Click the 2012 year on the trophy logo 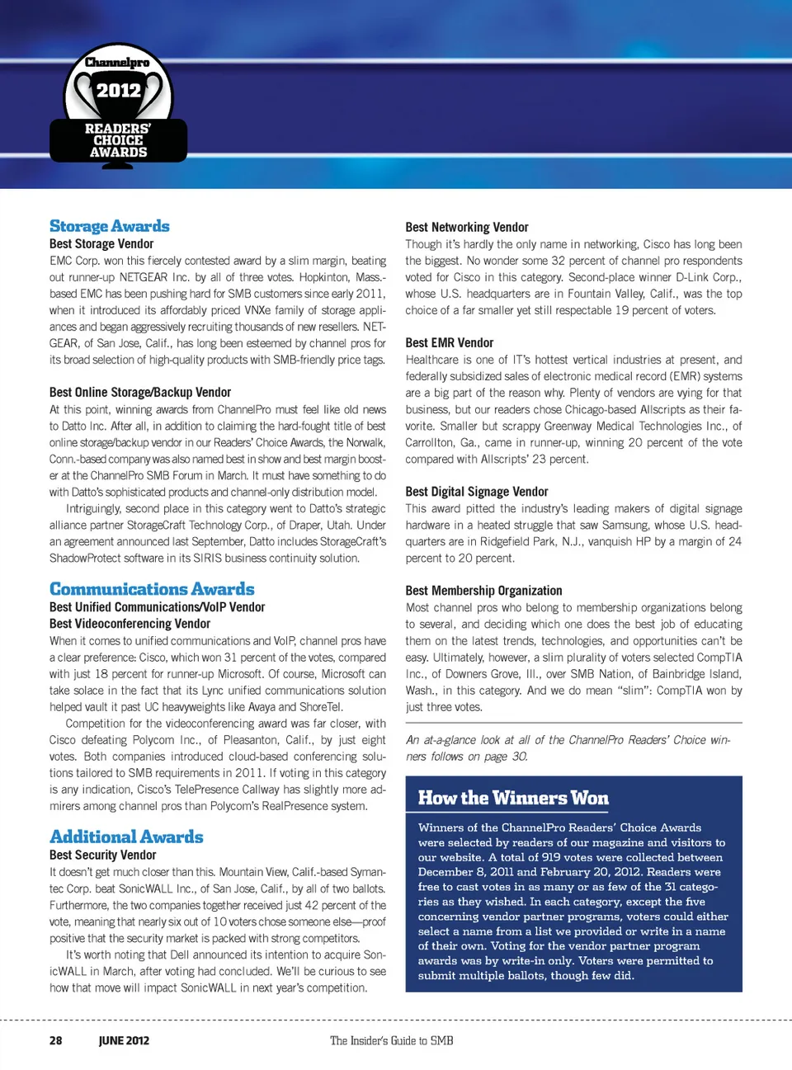tap(119, 91)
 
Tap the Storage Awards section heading tap(110, 226)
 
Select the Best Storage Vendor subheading tap(101, 244)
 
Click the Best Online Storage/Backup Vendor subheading tap(140, 393)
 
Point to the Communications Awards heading tap(152, 589)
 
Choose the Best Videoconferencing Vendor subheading tap(130, 624)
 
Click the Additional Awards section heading tap(126, 837)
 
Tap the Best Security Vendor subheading tap(102, 856)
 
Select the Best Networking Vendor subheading tap(467, 228)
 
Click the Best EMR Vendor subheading tap(450, 343)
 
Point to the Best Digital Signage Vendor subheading tap(477, 492)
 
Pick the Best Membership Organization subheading tap(483, 591)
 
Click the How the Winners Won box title tap(513, 798)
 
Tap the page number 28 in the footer tap(55, 1040)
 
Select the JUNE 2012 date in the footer tap(124, 1040)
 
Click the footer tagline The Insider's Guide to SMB tap(392, 1040)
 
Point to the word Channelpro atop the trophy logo tap(118, 63)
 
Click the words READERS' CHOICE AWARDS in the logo tap(118, 140)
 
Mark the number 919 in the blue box tap(552, 857)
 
